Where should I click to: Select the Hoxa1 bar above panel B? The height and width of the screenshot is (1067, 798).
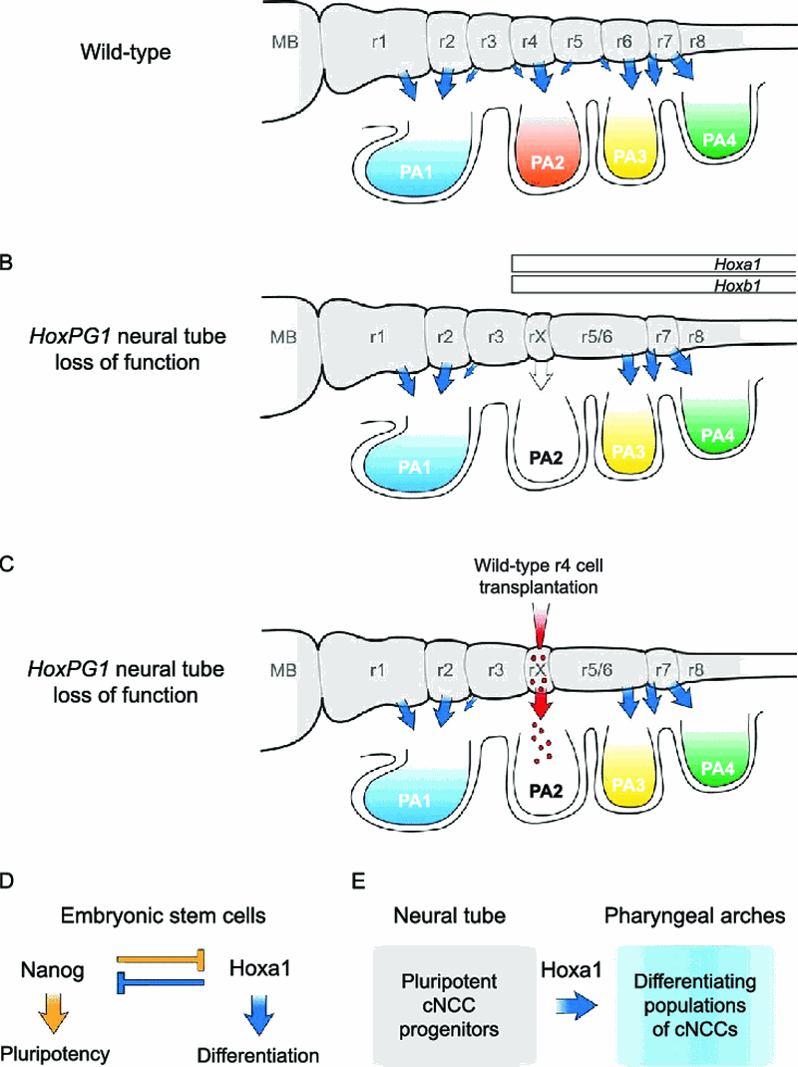click(x=653, y=263)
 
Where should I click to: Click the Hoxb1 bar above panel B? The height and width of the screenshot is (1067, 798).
click(x=653, y=285)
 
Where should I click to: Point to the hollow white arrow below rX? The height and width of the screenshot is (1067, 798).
click(x=539, y=375)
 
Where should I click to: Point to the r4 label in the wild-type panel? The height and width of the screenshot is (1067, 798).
click(x=532, y=42)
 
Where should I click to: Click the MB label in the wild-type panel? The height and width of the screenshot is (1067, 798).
click(x=284, y=42)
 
